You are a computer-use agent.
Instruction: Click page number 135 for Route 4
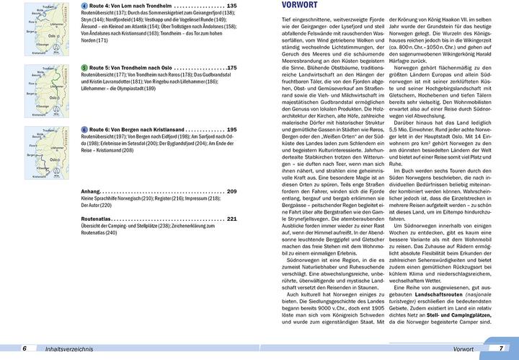[x=231, y=6]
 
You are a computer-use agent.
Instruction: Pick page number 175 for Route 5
[x=231, y=68]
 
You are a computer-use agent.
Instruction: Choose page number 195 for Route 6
[x=231, y=129]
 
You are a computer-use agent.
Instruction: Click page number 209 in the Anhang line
[x=231, y=191]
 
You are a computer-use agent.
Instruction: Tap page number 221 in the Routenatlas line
[x=231, y=219]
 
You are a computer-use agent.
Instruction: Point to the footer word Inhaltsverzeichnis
[x=64, y=348]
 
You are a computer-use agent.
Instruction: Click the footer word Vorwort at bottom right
[x=458, y=348]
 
